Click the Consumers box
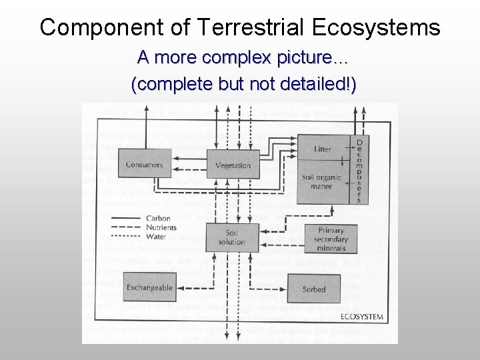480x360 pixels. tap(144, 164)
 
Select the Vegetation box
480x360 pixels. tap(233, 165)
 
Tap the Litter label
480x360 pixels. tap(322, 149)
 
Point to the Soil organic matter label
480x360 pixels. tap(321, 182)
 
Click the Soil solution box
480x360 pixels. tap(231, 237)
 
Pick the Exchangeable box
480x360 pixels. tap(149, 287)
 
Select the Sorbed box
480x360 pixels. tap(314, 289)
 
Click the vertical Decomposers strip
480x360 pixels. tap(359, 171)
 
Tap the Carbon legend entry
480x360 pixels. tap(159, 218)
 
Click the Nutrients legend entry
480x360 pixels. tap(161, 227)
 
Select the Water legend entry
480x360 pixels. tap(156, 236)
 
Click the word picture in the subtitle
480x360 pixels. tap(295, 58)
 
